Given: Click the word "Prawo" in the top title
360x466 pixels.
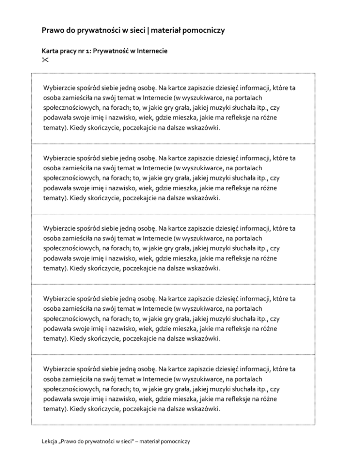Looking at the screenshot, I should click(x=52, y=31).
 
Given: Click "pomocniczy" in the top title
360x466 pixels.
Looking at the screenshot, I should click(x=203, y=31).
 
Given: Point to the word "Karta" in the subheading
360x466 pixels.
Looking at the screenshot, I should click(x=50, y=50).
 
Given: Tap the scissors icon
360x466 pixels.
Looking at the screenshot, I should click(x=45, y=60).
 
